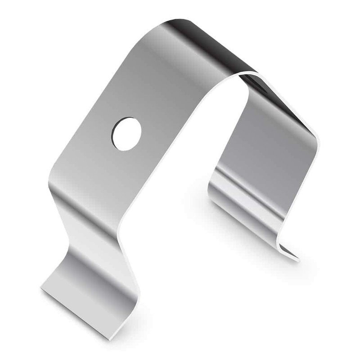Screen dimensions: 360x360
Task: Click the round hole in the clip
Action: (126, 134)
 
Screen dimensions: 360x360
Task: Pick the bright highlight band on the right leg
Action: (252, 198)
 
